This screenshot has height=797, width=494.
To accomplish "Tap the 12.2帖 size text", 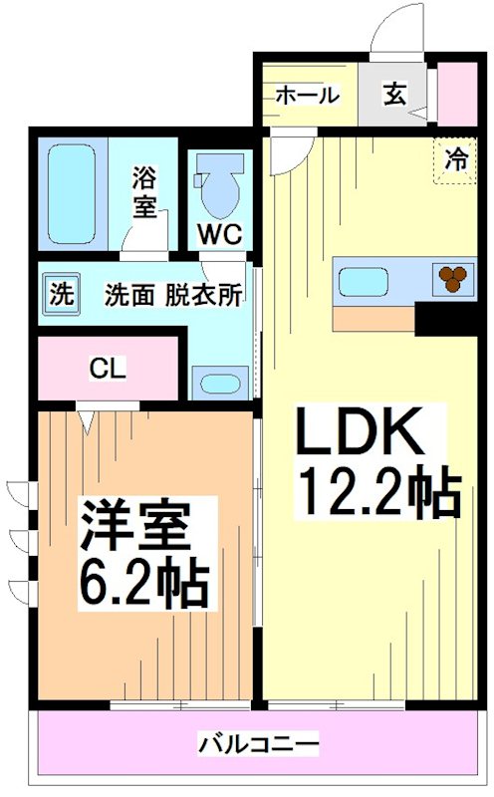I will pos(377,492).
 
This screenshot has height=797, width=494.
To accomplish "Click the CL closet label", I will pos(108,369).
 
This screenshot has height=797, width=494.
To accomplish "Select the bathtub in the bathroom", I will pos(73,194).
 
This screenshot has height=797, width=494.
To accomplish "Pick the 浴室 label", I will pos(146,194).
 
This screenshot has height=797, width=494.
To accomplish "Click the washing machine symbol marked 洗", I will pos(62,295).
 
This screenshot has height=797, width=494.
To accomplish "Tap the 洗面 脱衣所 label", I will pos(174,296).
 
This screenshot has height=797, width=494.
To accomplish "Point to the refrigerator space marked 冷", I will pos(453,160).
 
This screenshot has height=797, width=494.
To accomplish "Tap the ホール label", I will pos(306,96).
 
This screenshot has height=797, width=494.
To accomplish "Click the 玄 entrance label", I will pos(394,96).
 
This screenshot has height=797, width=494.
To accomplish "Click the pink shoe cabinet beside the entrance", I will pos(458,93).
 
